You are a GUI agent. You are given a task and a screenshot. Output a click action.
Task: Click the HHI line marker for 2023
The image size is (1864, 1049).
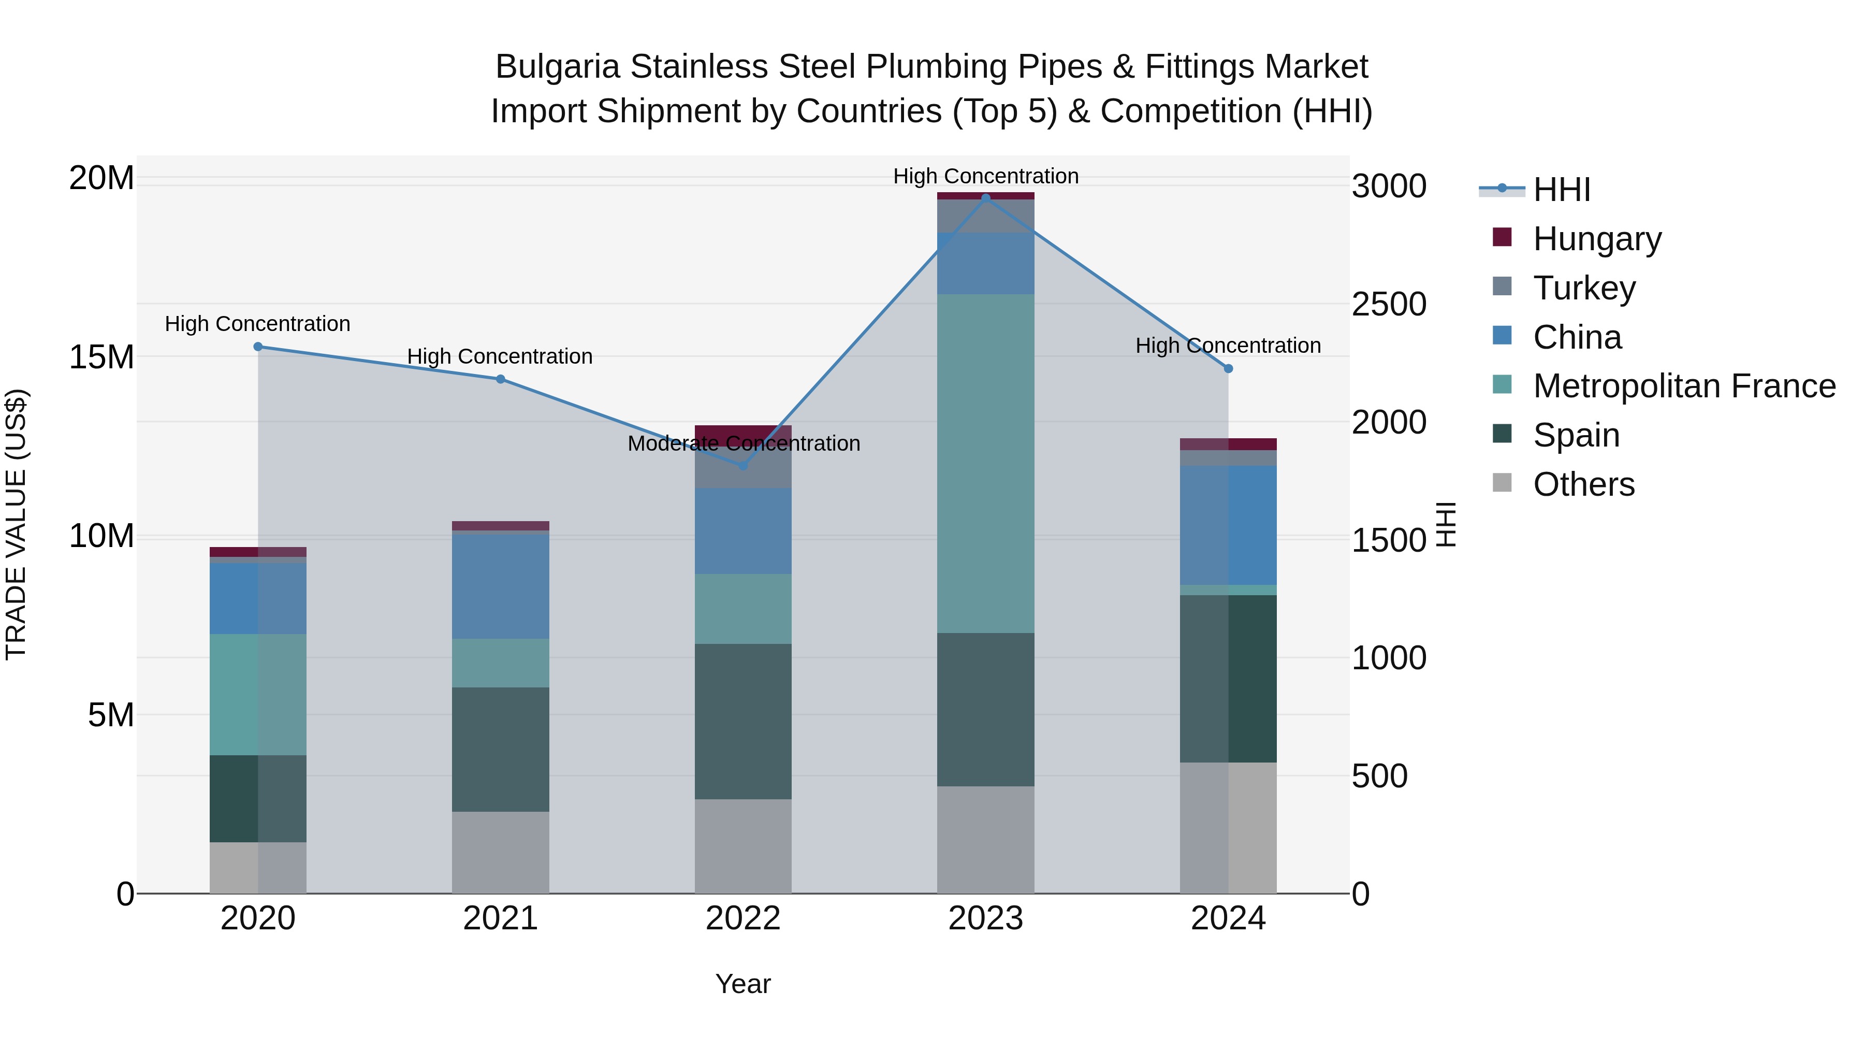point(985,198)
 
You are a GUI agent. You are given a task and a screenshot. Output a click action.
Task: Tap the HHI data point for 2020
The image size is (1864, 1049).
point(258,347)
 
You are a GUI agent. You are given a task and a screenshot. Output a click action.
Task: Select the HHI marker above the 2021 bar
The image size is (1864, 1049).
point(501,379)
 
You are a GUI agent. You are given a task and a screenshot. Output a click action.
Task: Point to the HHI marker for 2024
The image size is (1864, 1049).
point(1228,368)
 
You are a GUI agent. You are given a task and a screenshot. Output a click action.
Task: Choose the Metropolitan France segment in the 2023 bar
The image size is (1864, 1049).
point(985,463)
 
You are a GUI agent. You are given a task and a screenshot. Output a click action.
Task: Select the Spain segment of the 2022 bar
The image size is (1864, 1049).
point(743,721)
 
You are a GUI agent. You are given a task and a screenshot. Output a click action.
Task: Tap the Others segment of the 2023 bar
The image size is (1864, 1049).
point(985,839)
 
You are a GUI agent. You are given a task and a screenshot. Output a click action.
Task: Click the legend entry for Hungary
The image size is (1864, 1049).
point(1597,239)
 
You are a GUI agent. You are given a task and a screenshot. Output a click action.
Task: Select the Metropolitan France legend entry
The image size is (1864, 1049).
point(1684,386)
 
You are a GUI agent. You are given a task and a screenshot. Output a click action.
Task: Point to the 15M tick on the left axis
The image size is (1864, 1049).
point(101,357)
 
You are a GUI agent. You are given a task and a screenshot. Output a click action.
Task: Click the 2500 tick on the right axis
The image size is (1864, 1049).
point(1389,304)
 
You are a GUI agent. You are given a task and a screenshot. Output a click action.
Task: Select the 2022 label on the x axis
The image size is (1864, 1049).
point(743,918)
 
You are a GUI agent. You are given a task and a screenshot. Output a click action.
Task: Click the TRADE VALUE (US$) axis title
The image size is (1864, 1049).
point(16,525)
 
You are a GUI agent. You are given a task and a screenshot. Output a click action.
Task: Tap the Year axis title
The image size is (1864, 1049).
point(743,984)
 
